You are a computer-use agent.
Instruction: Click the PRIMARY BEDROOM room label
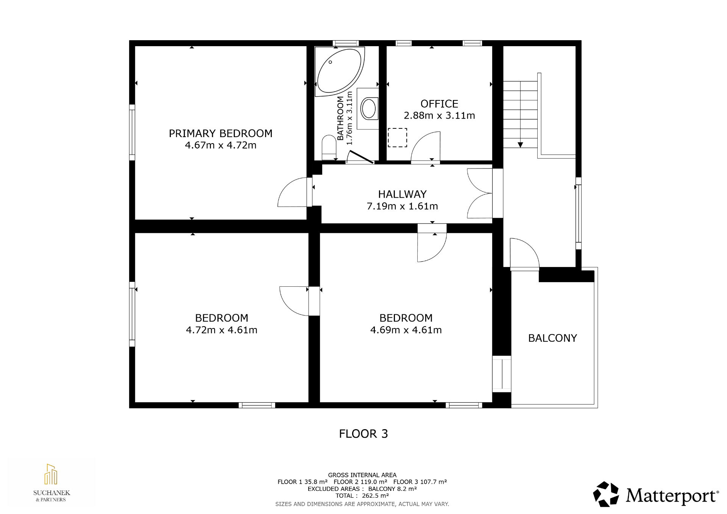220,133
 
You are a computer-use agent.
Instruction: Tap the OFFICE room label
439,104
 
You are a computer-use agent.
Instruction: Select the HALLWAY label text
402,194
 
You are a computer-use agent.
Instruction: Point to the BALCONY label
552,338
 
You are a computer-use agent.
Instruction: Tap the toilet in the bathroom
329,148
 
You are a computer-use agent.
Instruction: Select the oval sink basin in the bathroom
368,109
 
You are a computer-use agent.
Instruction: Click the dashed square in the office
398,137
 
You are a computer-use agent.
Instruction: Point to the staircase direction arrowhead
520,145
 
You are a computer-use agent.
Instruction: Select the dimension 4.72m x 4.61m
222,330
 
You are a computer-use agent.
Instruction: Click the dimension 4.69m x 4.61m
406,330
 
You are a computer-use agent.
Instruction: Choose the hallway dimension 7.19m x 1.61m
402,206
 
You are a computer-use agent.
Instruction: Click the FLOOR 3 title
363,434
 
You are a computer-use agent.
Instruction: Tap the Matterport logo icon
606,494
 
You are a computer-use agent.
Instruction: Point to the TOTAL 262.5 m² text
362,495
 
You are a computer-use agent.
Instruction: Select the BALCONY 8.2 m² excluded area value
392,489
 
